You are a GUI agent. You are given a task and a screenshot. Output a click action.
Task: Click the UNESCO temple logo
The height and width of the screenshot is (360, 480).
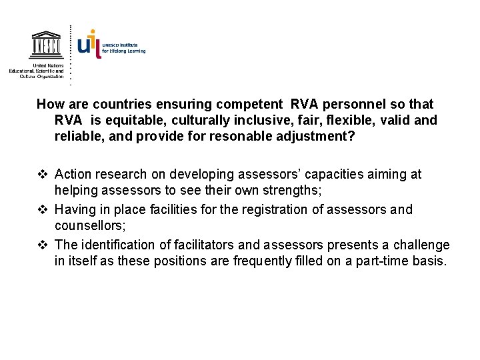[45, 45]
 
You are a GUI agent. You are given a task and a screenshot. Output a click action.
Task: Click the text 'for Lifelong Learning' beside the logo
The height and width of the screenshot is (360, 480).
[123, 51]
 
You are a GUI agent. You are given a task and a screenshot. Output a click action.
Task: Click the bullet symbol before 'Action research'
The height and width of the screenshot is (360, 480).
[42, 175]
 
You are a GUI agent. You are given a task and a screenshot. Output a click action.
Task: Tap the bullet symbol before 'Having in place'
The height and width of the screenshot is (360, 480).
[42, 210]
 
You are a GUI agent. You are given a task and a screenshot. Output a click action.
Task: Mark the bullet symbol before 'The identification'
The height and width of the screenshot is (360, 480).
[42, 245]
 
